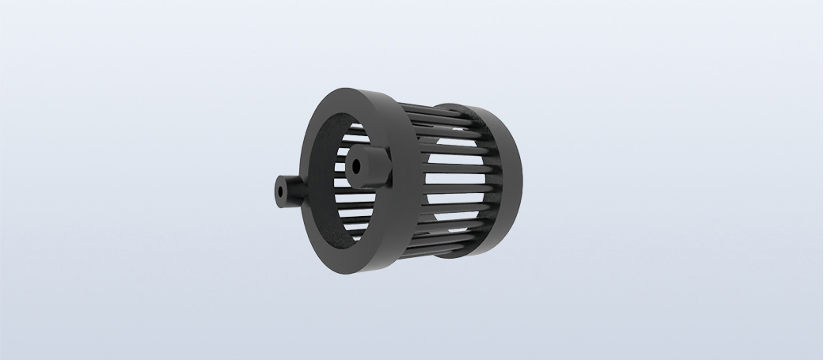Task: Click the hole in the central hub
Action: tap(355, 166)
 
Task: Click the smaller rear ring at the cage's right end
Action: tap(507, 182)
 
